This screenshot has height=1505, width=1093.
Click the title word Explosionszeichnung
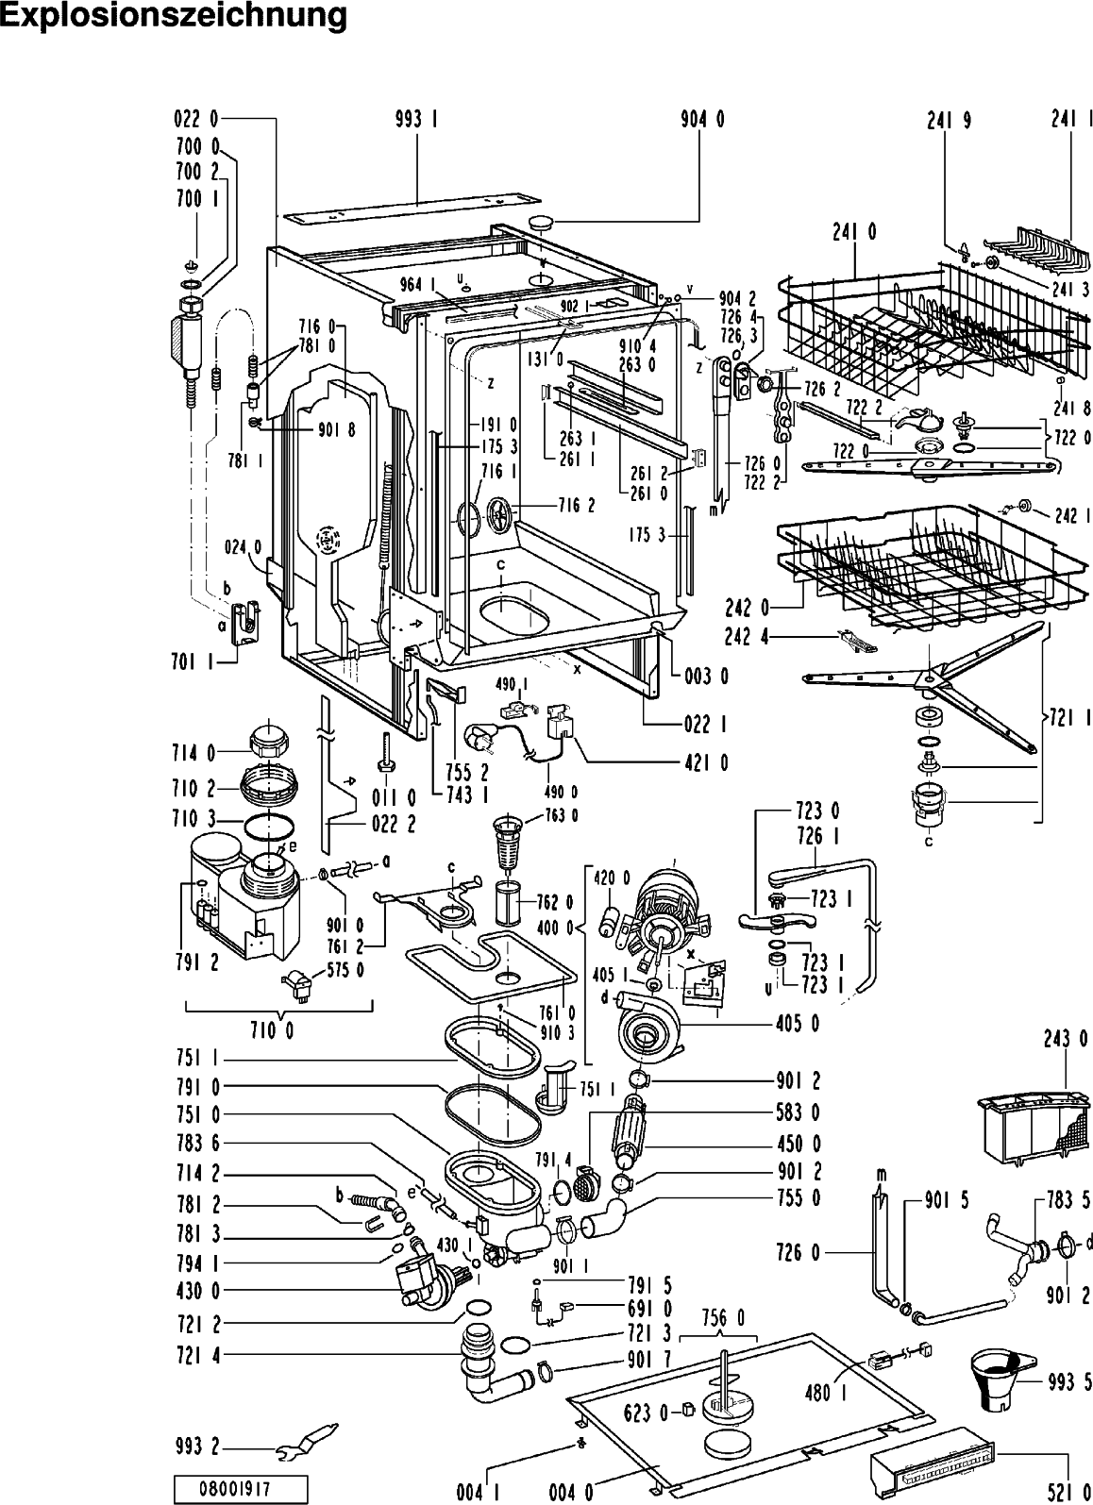coord(174,16)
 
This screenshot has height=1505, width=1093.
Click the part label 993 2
coord(197,1446)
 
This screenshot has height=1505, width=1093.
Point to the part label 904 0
coord(702,119)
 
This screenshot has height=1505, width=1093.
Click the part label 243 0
coord(1066,1039)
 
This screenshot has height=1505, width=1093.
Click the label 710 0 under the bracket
coord(272,1030)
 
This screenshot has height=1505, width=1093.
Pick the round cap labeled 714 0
coord(269,738)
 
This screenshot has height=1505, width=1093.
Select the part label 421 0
coord(706,763)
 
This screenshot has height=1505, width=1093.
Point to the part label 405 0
coord(798,1023)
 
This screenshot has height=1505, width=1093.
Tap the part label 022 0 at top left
coord(196,119)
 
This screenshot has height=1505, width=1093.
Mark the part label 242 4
coord(747,636)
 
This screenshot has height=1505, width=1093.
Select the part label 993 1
coord(417,119)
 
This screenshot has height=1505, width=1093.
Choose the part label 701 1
coord(193,661)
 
